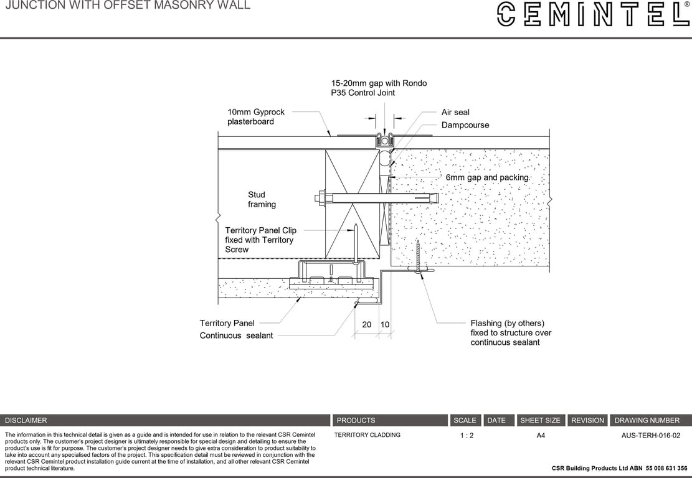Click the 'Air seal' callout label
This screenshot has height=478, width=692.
[x=455, y=113]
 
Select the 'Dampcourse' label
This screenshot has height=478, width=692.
[x=465, y=125]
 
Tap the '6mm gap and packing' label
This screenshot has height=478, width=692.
[x=486, y=177]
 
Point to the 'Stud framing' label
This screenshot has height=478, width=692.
[x=262, y=199]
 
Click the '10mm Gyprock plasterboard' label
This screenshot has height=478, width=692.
[x=255, y=117]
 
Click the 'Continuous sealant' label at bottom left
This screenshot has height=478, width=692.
[x=236, y=335]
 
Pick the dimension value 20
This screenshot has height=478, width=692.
[x=367, y=325]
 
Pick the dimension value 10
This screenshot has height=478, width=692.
[x=385, y=325]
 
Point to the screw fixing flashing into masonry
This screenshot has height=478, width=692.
[x=418, y=256]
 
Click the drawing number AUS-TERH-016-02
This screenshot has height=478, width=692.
[x=650, y=436]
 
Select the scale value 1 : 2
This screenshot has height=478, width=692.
[x=467, y=436]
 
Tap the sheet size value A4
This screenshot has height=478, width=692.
[x=541, y=436]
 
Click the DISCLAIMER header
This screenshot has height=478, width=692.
[x=26, y=421]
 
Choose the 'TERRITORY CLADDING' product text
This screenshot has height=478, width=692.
[x=367, y=435]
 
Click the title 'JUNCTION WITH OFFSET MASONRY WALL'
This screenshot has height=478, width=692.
[x=128, y=6]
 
